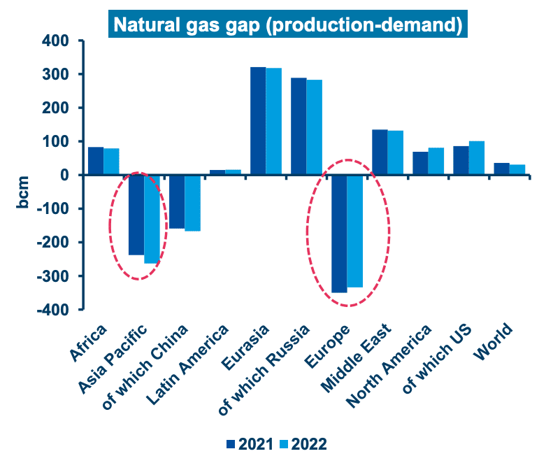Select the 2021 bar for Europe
coord(339,234)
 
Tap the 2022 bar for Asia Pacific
coord(152,219)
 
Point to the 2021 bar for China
coord(177,201)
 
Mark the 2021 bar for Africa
coord(96,161)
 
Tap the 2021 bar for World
coord(501,169)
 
